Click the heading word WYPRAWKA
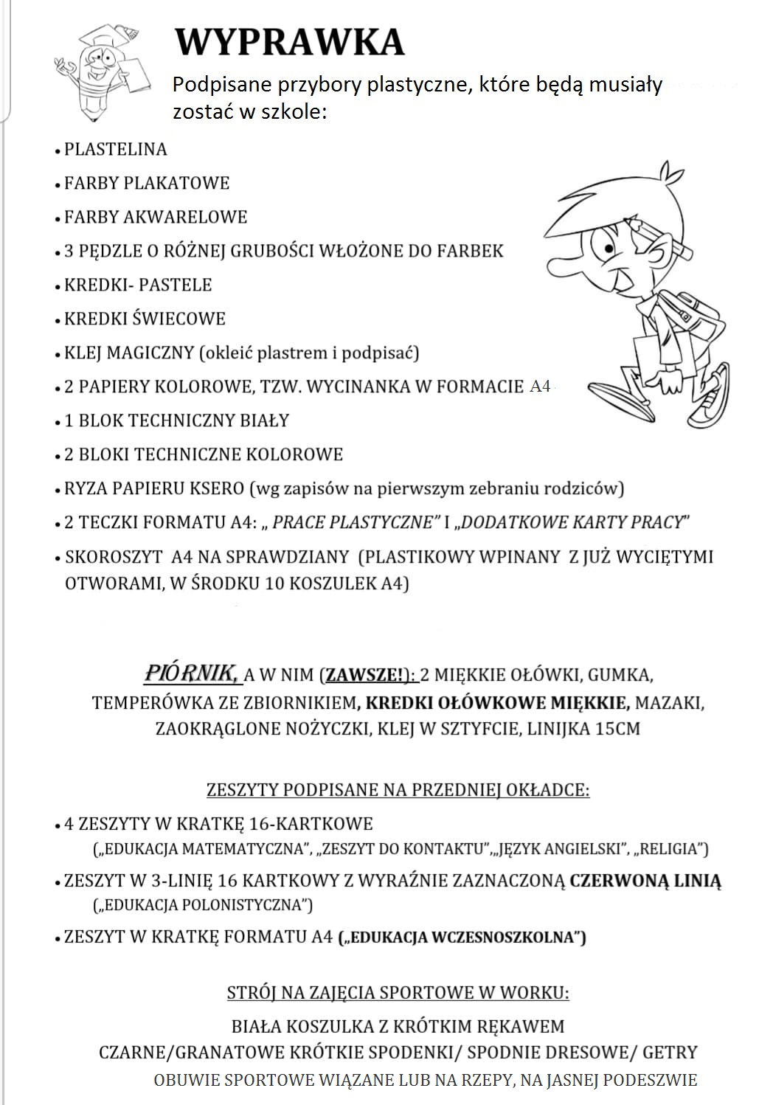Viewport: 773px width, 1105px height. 289,42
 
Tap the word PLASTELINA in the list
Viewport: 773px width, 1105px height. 116,149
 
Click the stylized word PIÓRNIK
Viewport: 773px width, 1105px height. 190,673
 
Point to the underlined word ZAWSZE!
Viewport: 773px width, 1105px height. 365,675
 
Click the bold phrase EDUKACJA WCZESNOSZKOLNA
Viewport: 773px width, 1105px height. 461,938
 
